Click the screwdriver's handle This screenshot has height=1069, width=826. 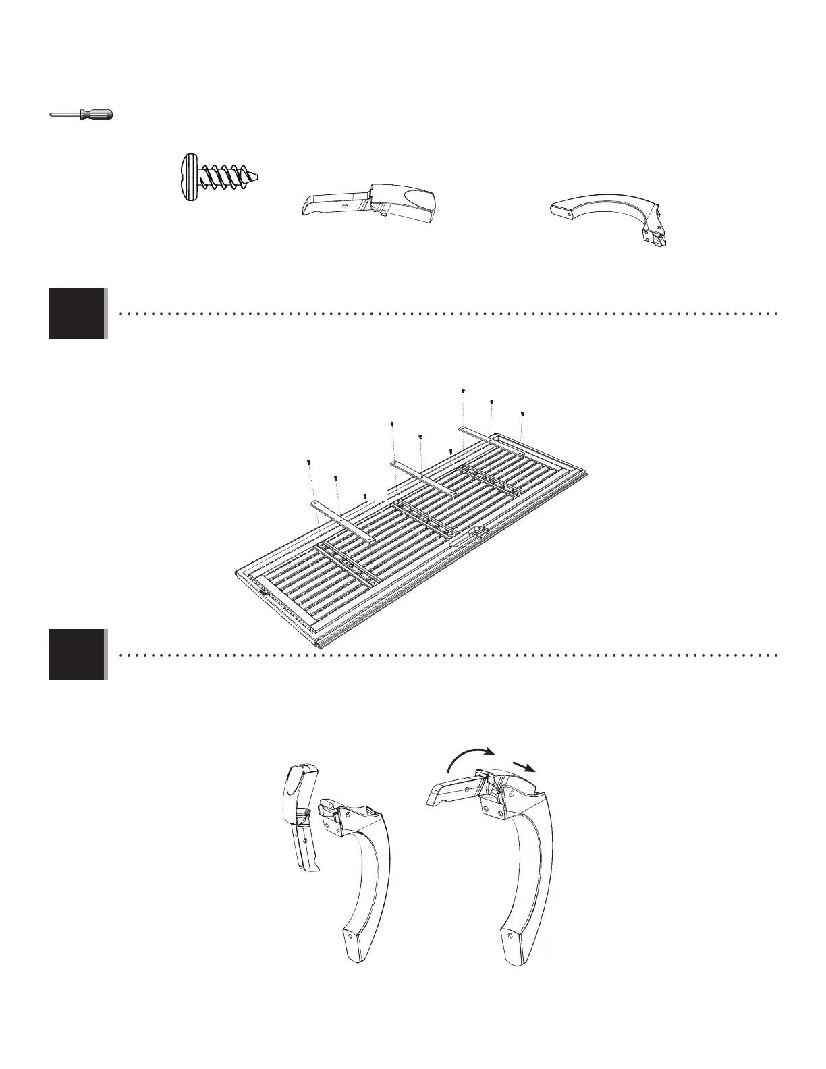coord(97,115)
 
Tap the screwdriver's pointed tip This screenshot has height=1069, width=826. coord(51,115)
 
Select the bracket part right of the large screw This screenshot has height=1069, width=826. coord(368,201)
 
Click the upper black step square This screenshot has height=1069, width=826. coord(76,313)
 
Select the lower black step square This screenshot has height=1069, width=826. coord(76,654)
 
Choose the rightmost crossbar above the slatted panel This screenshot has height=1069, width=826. coord(491,438)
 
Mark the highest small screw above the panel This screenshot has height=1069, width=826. coord(463,391)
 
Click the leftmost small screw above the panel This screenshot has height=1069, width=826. coord(308,462)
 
